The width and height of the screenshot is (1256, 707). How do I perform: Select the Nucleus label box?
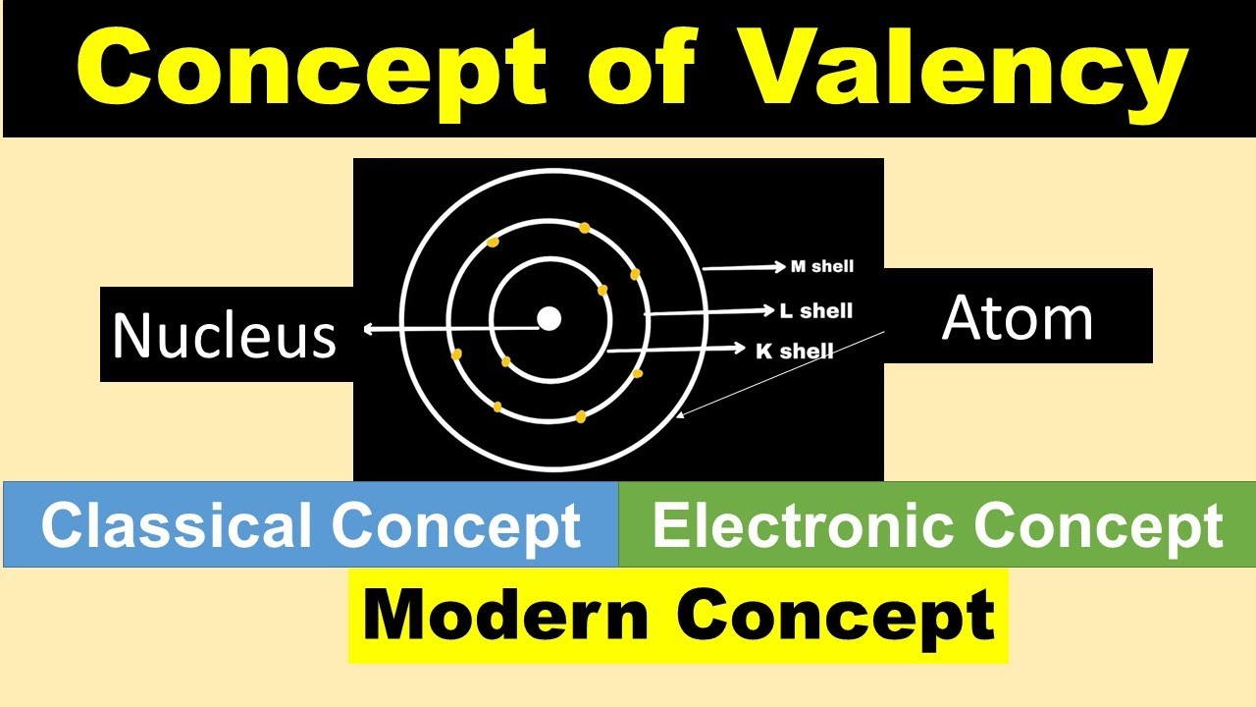click(225, 335)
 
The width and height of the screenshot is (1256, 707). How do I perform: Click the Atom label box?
click(1018, 318)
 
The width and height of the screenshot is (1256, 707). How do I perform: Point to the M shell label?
click(822, 266)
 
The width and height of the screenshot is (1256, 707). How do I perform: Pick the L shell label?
click(815, 311)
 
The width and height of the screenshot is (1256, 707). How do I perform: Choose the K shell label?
click(795, 351)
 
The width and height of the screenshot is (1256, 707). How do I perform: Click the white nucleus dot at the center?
click(549, 318)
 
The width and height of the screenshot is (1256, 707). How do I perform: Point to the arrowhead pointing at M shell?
click(781, 266)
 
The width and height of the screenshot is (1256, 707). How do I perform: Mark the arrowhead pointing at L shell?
click(770, 311)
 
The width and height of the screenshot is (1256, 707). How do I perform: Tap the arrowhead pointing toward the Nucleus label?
click(368, 330)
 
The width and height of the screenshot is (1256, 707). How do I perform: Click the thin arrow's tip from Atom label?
click(678, 416)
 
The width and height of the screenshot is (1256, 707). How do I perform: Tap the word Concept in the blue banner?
click(456, 525)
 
